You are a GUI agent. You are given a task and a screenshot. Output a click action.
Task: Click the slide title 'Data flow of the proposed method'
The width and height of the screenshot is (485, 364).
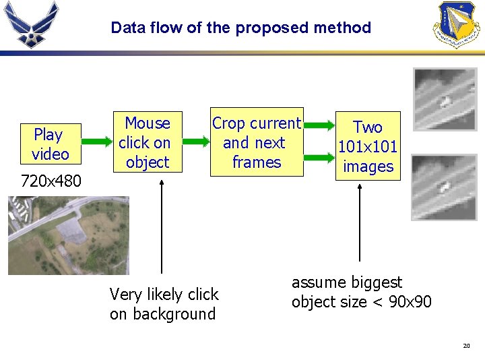[240, 28]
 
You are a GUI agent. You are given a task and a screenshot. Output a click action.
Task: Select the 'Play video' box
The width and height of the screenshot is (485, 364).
[50, 144]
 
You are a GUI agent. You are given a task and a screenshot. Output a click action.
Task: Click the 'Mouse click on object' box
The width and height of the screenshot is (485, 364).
[148, 142]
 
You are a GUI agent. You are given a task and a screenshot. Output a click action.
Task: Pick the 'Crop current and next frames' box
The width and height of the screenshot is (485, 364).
[257, 142]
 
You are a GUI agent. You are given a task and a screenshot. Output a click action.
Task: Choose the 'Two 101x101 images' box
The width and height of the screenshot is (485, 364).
[368, 146]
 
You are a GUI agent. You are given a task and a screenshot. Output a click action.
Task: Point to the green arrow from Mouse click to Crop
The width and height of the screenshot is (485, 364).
[196, 142]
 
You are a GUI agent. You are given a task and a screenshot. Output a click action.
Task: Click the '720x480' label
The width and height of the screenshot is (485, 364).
[51, 181]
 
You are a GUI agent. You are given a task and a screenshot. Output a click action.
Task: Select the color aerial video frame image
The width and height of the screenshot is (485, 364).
[67, 235]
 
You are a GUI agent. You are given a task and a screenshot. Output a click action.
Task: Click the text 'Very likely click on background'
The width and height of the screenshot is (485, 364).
[164, 304]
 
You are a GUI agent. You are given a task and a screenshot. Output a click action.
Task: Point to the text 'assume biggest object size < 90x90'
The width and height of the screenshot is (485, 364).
[361, 292]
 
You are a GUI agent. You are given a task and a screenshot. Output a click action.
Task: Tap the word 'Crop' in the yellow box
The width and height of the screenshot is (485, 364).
[228, 123]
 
